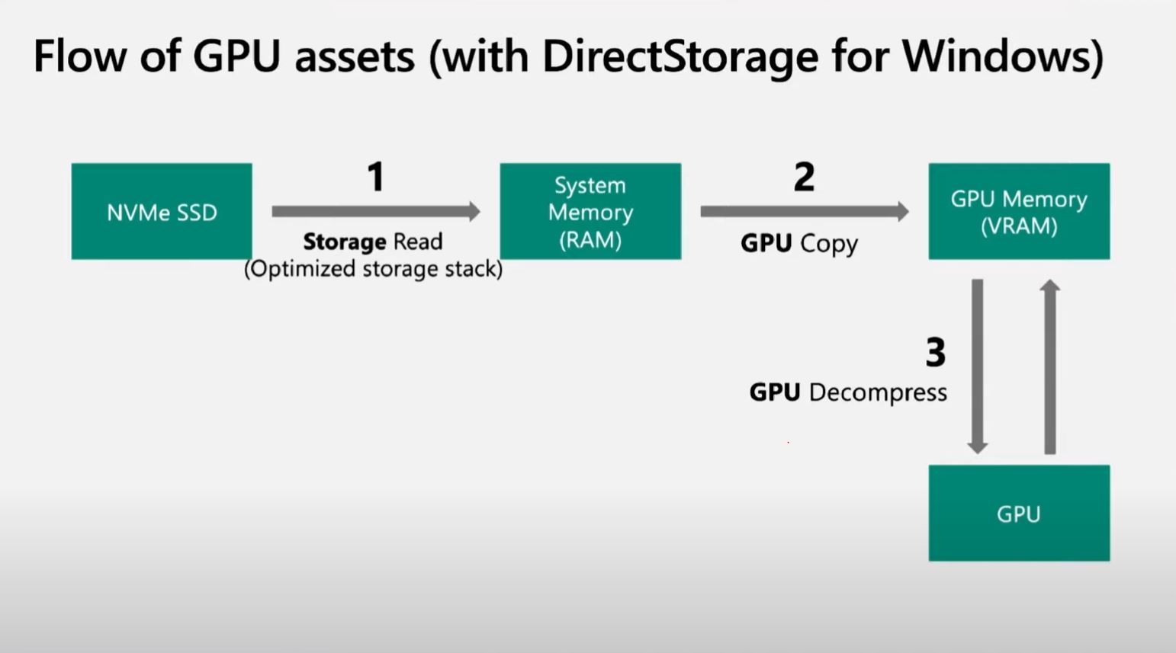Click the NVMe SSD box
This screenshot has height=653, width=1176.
[162, 211]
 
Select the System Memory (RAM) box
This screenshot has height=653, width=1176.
[590, 211]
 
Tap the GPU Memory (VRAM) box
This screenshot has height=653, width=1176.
[1019, 211]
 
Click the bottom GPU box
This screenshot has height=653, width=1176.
[1019, 513]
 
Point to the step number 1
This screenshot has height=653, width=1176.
[375, 177]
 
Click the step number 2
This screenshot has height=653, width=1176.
[804, 177]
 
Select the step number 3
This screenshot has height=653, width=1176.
[936, 352]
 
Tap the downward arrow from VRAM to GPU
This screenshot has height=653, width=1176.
[978, 366]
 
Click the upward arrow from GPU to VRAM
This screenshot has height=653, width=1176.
[1050, 366]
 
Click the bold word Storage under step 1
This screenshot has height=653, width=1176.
[345, 242]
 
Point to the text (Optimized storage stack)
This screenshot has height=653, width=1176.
[373, 269]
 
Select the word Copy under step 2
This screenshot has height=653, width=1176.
[829, 244]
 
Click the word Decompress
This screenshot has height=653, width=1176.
[878, 392]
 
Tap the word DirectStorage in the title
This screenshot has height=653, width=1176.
[680, 56]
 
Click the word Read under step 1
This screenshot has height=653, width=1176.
[418, 242]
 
